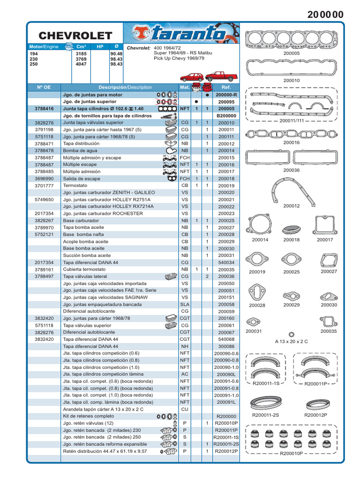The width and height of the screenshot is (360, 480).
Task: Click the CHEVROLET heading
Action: coord(75,36)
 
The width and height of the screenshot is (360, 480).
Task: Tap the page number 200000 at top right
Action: coord(325,15)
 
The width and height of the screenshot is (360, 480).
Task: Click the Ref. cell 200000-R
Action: coord(226,95)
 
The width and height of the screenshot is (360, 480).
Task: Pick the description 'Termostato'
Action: coord(76,186)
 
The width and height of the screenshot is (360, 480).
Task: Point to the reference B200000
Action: coord(226,116)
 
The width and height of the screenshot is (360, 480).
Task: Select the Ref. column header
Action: coord(226,87)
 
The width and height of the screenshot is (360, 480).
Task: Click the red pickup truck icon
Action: coord(221,76)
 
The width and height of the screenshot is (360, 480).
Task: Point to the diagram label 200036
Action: coord(291,170)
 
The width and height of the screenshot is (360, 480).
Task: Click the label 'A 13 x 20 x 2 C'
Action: coord(291,341)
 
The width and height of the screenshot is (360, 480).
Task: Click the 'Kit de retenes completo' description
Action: coord(89,416)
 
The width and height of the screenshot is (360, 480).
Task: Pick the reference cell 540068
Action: coord(226,339)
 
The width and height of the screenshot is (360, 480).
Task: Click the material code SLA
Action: coord(185,304)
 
